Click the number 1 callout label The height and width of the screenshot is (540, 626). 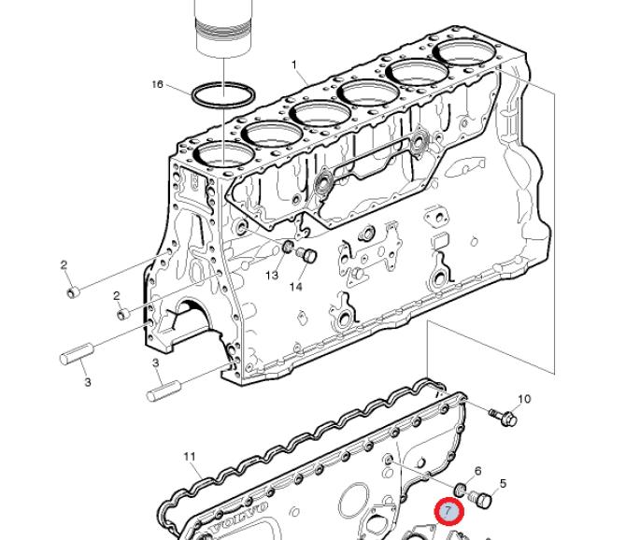pos(294,64)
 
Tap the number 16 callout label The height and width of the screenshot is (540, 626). pos(158,85)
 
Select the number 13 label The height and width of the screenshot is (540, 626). pos(272,275)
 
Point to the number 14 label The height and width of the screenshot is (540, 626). pos(296,287)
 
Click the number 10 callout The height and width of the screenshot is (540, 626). pos(524,399)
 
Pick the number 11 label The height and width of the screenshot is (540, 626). pos(190,456)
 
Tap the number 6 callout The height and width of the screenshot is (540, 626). pos(477,472)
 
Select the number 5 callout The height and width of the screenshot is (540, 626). pos(503,484)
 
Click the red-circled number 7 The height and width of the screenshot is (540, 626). pos(449,511)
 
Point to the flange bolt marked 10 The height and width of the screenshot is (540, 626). pos(503,418)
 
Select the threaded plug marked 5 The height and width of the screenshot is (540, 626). pos(480,499)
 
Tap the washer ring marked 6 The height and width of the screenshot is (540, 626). pos(462,490)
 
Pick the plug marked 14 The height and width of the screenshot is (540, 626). pos(306,255)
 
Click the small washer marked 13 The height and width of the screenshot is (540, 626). pos(288,247)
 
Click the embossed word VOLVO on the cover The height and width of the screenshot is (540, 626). pos(239,519)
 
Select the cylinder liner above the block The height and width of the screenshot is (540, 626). pos(223,28)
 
